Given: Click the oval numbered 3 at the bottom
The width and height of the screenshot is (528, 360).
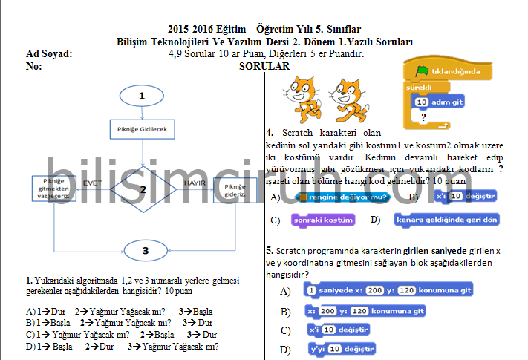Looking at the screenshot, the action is click(146, 250).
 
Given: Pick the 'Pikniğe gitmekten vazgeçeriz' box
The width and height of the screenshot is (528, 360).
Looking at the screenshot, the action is click(55, 189).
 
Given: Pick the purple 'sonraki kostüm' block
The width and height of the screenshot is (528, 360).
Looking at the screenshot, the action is click(323, 220).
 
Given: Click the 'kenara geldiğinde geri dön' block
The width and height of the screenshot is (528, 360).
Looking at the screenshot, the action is click(446, 220).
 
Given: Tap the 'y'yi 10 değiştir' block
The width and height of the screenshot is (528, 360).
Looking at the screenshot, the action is click(342, 349).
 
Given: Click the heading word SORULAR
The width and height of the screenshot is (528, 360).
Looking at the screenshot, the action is click(264, 66).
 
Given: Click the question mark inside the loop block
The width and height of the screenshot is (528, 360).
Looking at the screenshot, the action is click(423, 117).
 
